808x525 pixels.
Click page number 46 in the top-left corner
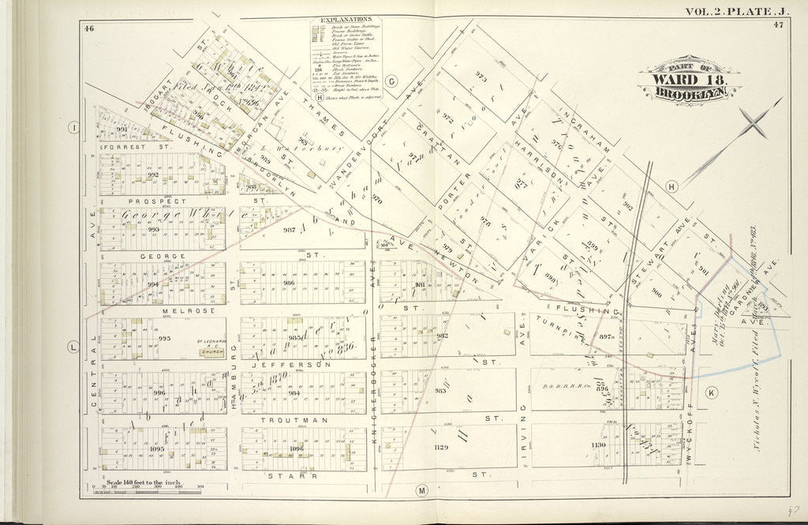[x=90, y=28]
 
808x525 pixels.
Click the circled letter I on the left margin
[x=73, y=127]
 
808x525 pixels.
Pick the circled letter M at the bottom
[x=421, y=491]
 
